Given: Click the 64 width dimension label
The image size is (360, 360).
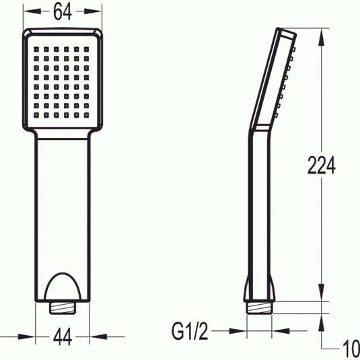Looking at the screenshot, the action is click(63, 11).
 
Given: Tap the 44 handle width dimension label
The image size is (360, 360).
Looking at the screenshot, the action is click(63, 337).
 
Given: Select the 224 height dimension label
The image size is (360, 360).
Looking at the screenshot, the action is click(321, 165).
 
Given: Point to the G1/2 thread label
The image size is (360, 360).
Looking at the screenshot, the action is click(190, 331).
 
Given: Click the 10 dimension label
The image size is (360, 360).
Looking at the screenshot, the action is click(351, 349).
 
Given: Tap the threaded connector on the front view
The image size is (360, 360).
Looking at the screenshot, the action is click(63, 308).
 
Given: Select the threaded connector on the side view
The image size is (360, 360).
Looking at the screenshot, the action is click(259, 308).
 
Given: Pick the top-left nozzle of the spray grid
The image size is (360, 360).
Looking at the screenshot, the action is click(36, 49).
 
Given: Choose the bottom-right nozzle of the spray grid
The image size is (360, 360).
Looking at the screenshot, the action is click(86, 115).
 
